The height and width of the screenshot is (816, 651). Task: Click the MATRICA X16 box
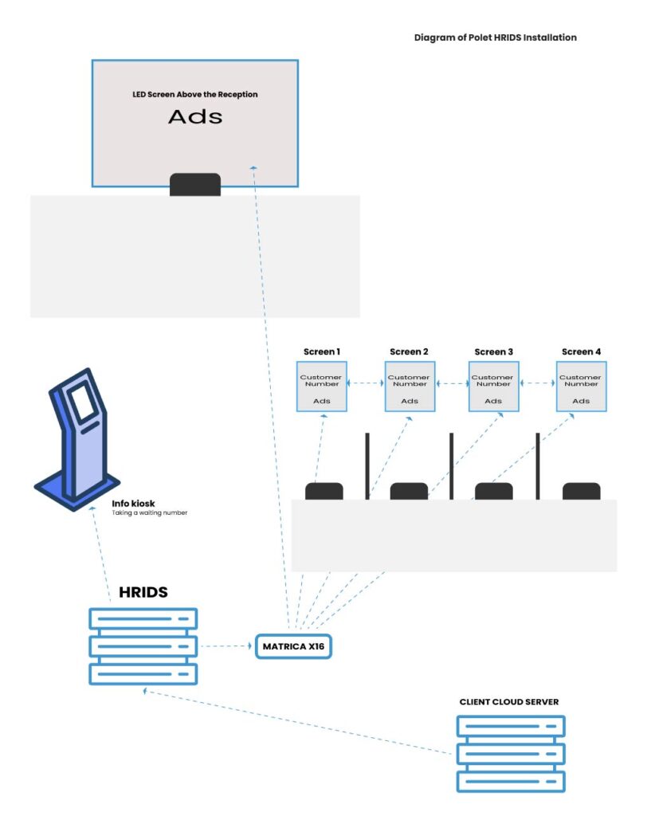(292, 646)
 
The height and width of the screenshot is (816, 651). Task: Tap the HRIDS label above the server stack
(143, 593)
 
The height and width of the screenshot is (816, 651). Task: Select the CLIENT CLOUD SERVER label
(509, 702)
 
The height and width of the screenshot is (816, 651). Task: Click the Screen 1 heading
(322, 351)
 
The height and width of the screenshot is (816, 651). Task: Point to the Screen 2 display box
(409, 386)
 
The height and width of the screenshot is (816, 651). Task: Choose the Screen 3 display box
(493, 386)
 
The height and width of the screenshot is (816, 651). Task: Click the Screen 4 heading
(581, 351)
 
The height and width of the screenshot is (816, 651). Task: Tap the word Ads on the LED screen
(195, 117)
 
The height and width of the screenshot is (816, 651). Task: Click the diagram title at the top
(495, 37)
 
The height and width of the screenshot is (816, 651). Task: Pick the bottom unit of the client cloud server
(511, 780)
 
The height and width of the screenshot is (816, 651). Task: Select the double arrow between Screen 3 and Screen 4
(537, 383)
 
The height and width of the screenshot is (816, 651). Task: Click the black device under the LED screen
(195, 184)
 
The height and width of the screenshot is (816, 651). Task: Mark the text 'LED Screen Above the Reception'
(195, 94)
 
